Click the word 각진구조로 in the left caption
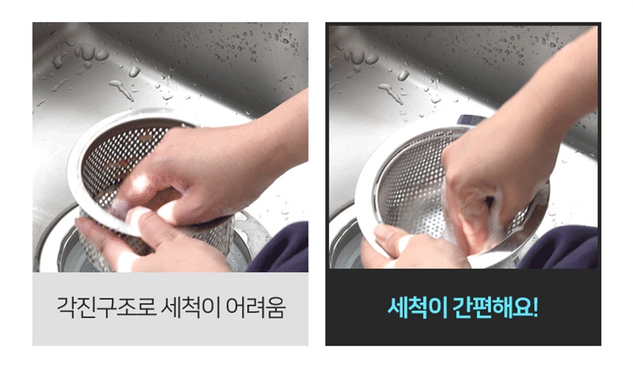106,308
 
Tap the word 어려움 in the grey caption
255,308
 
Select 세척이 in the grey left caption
191,308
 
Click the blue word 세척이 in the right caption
417,308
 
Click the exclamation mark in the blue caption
536,308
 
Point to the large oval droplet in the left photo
135,72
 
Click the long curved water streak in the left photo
122,89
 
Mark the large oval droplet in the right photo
403,75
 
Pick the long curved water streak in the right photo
391,93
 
